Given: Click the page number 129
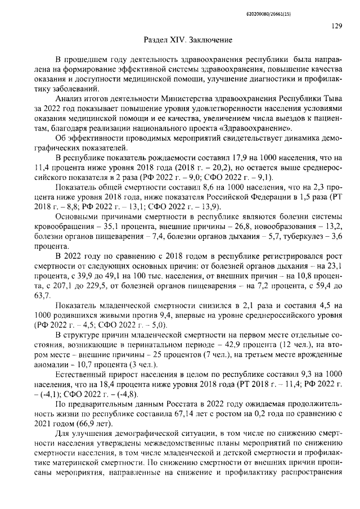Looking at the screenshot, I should (337, 25).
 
